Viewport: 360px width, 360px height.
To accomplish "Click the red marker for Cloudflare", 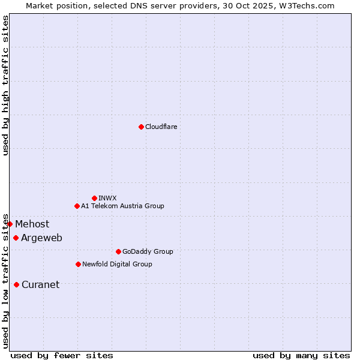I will click(141, 127).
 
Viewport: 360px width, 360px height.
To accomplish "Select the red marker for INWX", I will click(94, 198).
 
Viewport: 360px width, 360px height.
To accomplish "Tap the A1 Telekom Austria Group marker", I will click(77, 206).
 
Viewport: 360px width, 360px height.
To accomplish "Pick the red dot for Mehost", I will click(10, 224).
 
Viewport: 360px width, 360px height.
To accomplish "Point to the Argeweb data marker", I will click(16, 238).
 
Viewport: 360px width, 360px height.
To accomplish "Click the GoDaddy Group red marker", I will click(118, 251).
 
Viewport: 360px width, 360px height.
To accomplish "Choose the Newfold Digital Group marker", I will click(78, 264).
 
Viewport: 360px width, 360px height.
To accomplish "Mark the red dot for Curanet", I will click(16, 284).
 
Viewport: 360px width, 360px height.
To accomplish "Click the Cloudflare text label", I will click(161, 127).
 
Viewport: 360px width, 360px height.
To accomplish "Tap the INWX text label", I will click(107, 198).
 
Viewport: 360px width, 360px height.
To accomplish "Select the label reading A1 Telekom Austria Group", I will click(122, 206).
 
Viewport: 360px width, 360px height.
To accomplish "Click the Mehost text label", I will click(32, 224).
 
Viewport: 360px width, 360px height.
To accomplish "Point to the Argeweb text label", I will click(41, 238).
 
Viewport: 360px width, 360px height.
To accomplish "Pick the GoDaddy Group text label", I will click(148, 251).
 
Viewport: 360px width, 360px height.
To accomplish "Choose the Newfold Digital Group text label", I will click(117, 264).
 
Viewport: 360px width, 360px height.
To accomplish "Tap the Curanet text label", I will click(40, 284).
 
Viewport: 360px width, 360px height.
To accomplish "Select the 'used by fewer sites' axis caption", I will click(62, 355).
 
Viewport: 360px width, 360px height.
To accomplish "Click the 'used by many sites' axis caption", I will click(301, 355).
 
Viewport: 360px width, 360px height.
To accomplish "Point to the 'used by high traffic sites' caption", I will click(5, 85).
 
